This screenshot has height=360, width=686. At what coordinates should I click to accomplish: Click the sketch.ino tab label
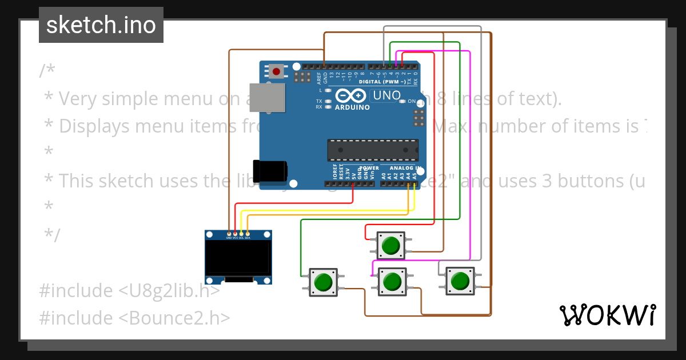click(101, 25)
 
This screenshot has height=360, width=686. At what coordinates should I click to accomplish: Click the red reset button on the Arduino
click(277, 71)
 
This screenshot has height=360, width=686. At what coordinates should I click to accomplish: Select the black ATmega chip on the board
click(373, 150)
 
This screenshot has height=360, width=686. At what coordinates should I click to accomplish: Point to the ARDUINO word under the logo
click(352, 107)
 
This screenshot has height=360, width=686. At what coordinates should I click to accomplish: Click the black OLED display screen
click(238, 257)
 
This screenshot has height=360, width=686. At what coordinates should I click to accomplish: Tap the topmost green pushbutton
click(391, 246)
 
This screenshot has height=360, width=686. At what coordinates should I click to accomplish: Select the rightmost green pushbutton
click(460, 281)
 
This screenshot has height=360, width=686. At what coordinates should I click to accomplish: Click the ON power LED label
click(412, 101)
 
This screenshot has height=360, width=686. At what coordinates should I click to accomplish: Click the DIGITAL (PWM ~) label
click(382, 82)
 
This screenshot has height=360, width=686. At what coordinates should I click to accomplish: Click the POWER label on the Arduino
click(369, 168)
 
